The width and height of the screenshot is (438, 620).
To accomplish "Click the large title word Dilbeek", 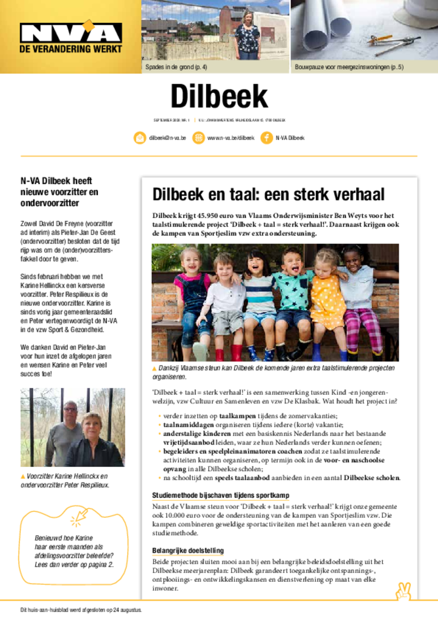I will [x=218, y=97].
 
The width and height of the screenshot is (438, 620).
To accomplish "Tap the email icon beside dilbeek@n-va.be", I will [x=140, y=138].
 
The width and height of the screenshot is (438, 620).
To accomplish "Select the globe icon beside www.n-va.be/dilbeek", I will [x=198, y=138].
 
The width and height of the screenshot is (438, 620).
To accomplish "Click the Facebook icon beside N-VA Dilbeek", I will [x=266, y=138].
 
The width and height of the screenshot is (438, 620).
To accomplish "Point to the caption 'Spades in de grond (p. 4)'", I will [x=176, y=67].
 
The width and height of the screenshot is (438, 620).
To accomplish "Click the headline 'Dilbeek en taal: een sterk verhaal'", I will [x=268, y=195].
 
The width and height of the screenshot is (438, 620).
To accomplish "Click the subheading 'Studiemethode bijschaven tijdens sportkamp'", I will [x=220, y=495].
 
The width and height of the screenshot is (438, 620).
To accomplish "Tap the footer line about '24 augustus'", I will [x=81, y=610].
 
